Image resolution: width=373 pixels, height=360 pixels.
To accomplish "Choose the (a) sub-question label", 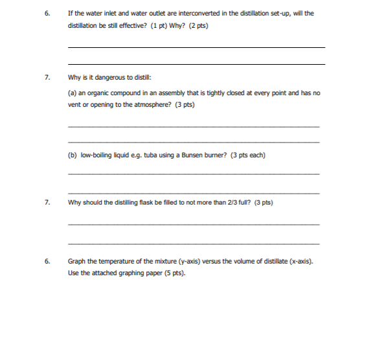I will point(72,93).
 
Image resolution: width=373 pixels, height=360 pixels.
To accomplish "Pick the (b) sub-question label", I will point(72,155).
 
